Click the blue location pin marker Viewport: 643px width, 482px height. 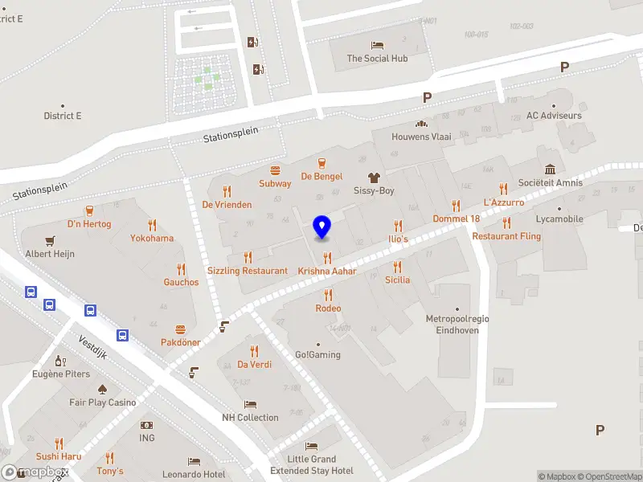pos(322,227)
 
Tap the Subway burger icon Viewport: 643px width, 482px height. pos(275,170)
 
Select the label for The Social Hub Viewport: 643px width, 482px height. pos(377,59)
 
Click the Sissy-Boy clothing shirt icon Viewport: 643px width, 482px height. pos(374,178)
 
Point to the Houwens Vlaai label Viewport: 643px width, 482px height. pos(421,137)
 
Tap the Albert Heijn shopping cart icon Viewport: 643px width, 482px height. pos(51,240)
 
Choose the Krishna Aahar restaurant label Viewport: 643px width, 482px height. pos(327,271)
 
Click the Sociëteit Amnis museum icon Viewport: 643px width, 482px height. pos(551,170)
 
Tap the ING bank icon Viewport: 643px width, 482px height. pos(146,425)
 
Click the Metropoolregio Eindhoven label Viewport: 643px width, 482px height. pos(457,324)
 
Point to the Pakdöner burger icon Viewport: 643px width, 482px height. pos(180,329)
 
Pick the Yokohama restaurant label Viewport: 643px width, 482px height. pos(152,239)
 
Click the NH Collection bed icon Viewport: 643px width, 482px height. pos(251,405)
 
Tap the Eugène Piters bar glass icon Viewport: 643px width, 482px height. pos(59,361)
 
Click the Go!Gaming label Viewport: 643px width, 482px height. pos(317,354)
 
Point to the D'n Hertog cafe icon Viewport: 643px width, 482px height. pos(89,210)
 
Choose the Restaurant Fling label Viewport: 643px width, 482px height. pos(506,236)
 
